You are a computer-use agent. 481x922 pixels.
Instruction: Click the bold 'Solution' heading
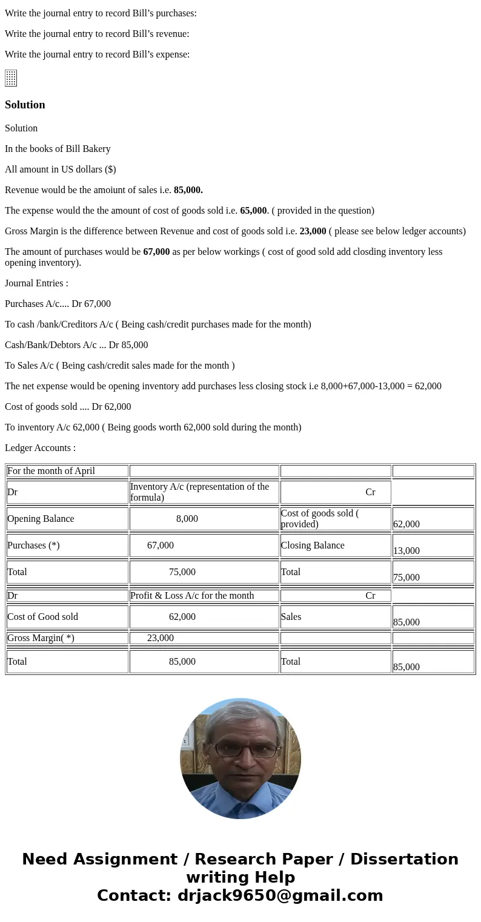pyautogui.click(x=25, y=105)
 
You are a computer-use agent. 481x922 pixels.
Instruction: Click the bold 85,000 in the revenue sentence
pyautogui.click(x=188, y=190)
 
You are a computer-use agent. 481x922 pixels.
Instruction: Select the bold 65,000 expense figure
pyautogui.click(x=253, y=211)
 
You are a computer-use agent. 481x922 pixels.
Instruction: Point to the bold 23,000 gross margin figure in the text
pyautogui.click(x=313, y=231)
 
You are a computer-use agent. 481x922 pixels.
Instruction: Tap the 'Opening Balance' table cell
pyautogui.click(x=41, y=519)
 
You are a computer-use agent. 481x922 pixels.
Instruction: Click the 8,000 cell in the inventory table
pyautogui.click(x=187, y=519)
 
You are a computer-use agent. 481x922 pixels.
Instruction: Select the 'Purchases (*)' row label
pyautogui.click(x=33, y=545)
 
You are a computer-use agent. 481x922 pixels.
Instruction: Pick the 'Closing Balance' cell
pyautogui.click(x=313, y=545)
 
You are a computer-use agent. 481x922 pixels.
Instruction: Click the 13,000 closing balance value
pyautogui.click(x=406, y=551)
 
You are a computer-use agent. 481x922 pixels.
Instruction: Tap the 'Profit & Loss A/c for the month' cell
pyautogui.click(x=192, y=596)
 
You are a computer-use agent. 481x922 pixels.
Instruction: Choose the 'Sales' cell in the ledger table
pyautogui.click(x=291, y=617)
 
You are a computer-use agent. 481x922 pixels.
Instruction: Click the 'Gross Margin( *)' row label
pyautogui.click(x=41, y=638)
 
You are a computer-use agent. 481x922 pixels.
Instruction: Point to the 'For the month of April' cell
pyautogui.click(x=51, y=471)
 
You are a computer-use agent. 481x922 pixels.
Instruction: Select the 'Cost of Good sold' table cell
pyautogui.click(x=42, y=617)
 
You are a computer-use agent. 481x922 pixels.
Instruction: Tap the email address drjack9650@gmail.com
pyautogui.click(x=280, y=895)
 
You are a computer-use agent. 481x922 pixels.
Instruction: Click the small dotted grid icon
pyautogui.click(x=11, y=78)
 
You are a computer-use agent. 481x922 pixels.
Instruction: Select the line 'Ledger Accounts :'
pyautogui.click(x=40, y=448)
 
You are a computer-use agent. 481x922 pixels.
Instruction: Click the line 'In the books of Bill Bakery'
pyautogui.click(x=58, y=149)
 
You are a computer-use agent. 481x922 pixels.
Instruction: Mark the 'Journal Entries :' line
pyautogui.click(x=36, y=283)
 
